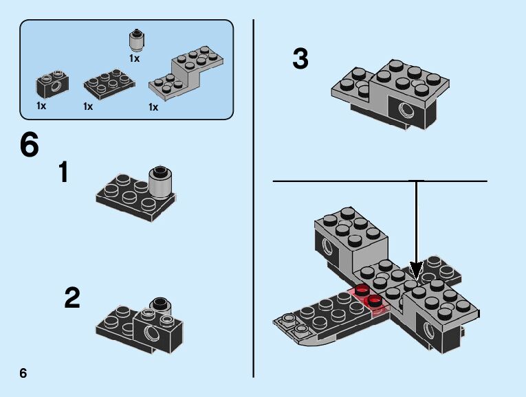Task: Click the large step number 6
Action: (30, 144)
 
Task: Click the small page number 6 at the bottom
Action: (23, 373)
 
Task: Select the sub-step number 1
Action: (64, 172)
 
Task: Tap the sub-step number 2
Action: (72, 297)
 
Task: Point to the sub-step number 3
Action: (300, 59)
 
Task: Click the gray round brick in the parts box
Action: (137, 41)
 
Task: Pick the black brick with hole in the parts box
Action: (52, 84)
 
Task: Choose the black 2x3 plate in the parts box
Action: (109, 84)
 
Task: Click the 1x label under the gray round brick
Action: (134, 58)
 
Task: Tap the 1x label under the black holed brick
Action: (41, 106)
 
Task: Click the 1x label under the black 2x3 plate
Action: (88, 106)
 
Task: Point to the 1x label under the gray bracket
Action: (153, 107)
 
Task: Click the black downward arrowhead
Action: (416, 271)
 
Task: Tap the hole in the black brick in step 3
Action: (406, 109)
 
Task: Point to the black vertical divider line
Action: (253, 198)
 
